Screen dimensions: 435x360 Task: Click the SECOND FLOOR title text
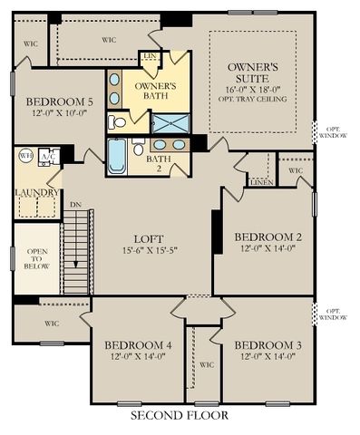179,416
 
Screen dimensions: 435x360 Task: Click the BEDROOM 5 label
59,101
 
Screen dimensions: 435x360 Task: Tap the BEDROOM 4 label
138,345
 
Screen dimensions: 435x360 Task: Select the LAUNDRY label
37,192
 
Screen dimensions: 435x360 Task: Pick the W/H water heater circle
24,155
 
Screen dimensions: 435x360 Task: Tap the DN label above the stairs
74,204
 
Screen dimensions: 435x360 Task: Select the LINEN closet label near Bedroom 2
262,182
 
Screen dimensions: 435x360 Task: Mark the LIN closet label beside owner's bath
151,57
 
